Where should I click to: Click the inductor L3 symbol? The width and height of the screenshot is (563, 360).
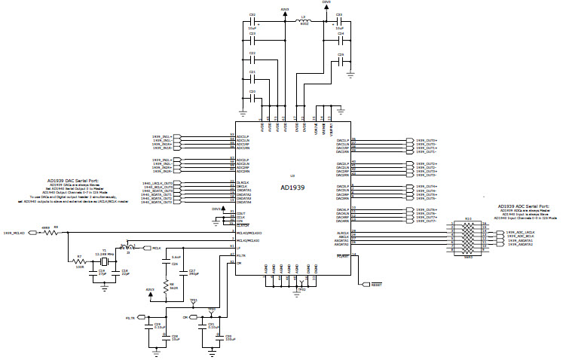point(304,22)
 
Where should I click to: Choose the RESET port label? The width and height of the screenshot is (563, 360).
point(377,285)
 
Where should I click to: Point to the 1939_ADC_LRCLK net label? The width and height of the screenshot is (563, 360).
point(520,233)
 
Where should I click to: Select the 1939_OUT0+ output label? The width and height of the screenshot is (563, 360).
point(427,140)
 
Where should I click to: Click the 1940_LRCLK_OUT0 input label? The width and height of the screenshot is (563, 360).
point(158,183)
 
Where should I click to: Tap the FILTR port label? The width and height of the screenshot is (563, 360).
point(130,319)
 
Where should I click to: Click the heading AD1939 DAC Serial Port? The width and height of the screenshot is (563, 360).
point(78,181)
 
